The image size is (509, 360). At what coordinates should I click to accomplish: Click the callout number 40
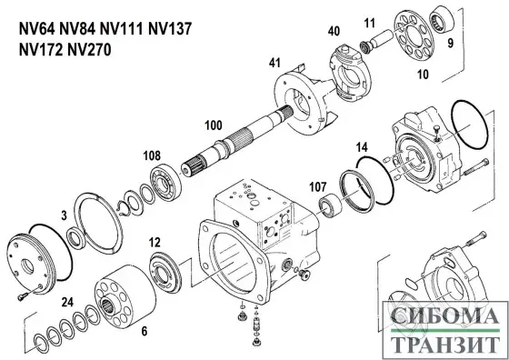(334, 31)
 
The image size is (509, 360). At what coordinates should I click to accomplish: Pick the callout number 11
(369, 22)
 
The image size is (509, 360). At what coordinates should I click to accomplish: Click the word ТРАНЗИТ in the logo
(445, 344)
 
